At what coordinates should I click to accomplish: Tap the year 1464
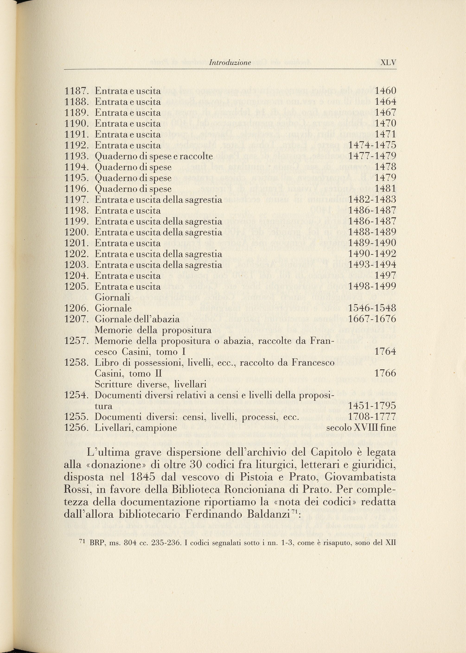pos(385,102)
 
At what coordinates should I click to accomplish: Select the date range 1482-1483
pos(372,199)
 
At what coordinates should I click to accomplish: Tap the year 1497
pos(385,276)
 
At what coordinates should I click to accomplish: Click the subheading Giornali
pos(112,297)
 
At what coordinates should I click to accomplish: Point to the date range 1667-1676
pos(372,319)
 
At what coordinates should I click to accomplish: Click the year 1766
pos(385,373)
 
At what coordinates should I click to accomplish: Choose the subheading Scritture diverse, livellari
pos(151,384)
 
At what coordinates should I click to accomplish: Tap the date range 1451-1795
pos(372,406)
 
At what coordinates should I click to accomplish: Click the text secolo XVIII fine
pos(361,428)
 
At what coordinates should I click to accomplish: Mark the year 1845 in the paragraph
pos(143,477)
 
